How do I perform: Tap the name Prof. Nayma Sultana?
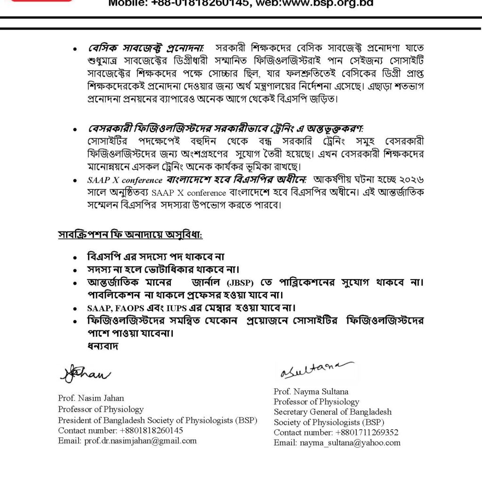click(x=308, y=392)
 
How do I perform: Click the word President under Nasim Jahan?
click(x=74, y=420)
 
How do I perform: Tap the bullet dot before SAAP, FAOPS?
click(x=76, y=309)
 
